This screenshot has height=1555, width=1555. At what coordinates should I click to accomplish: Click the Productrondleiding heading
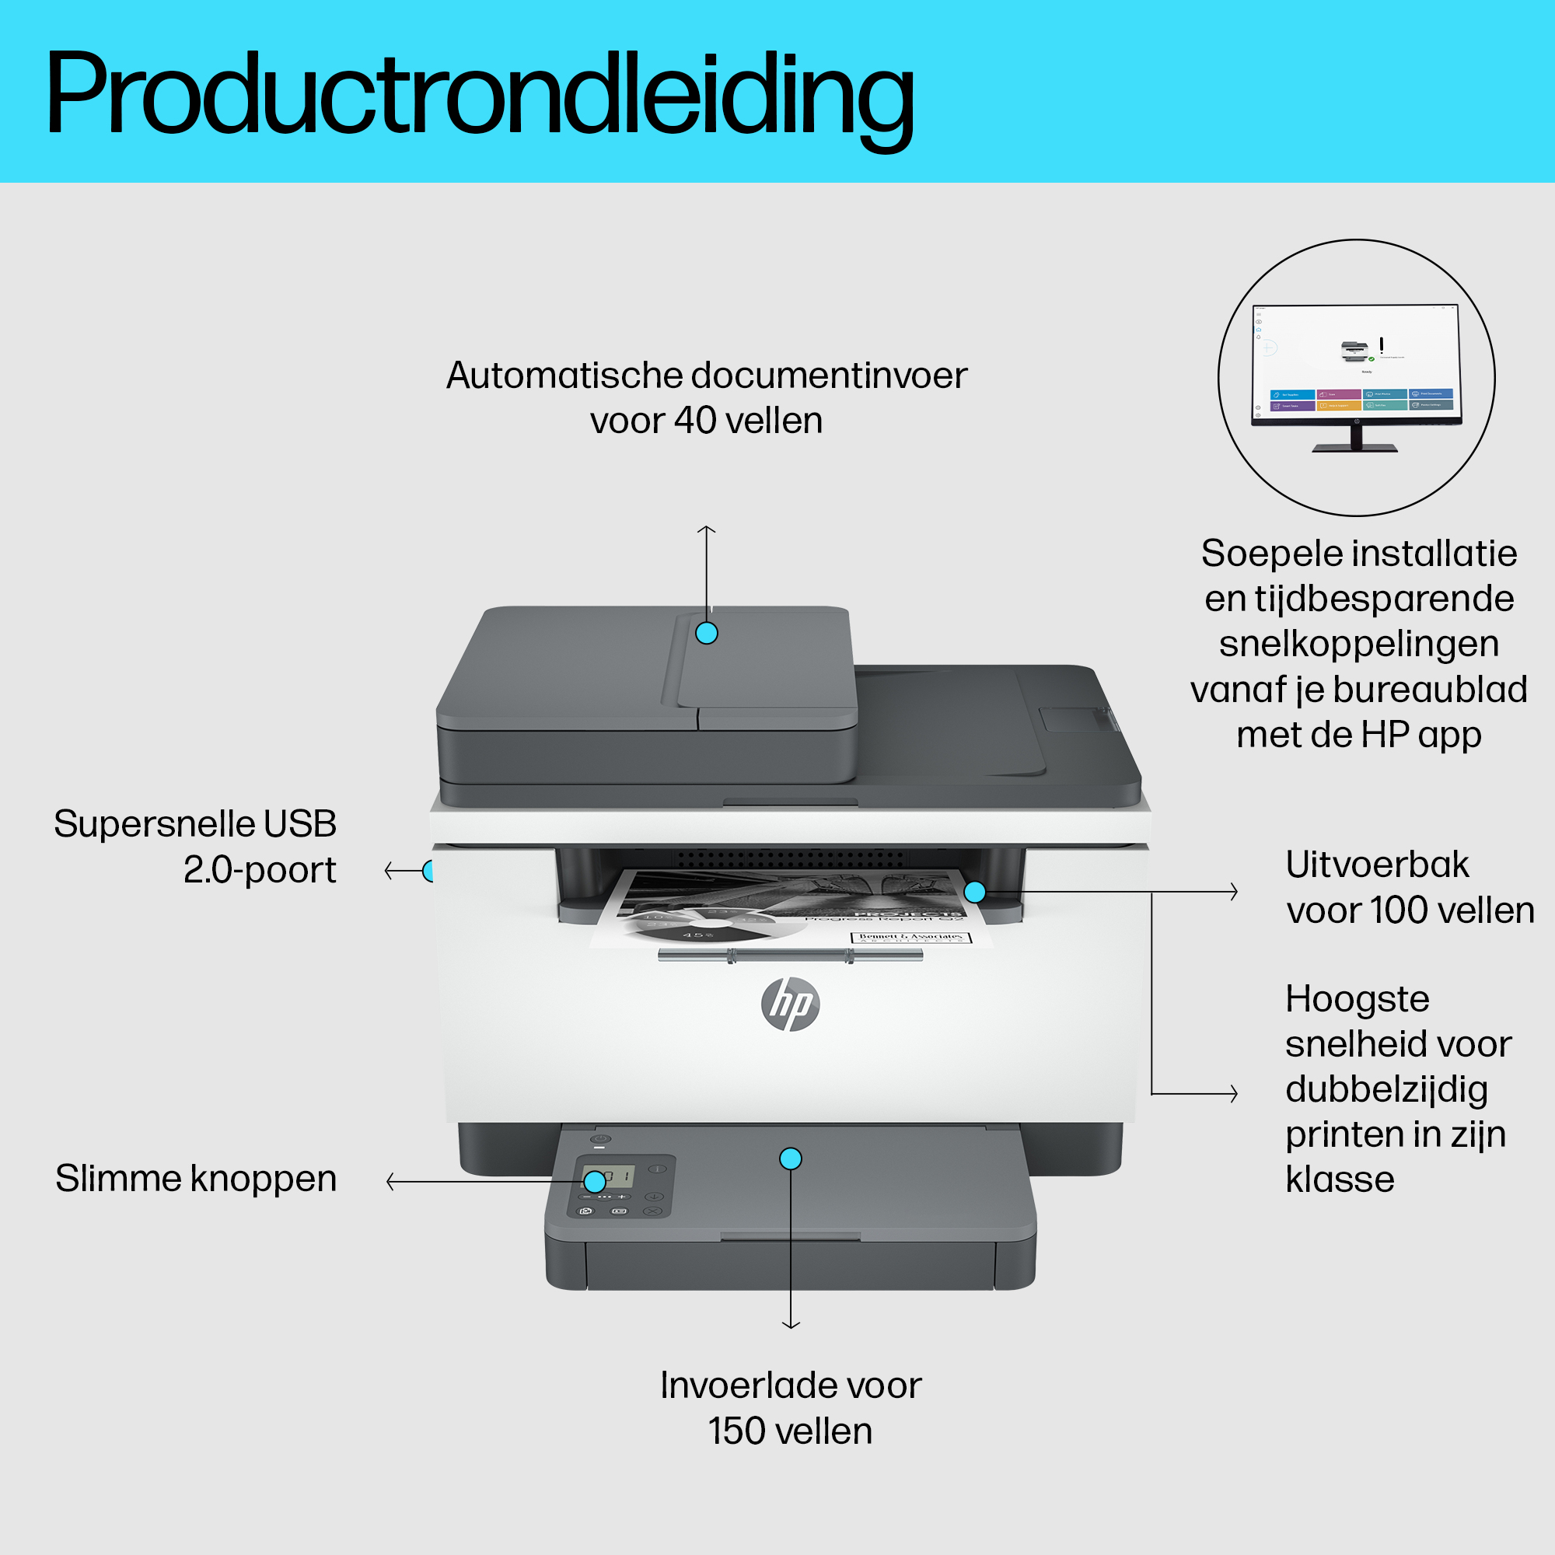pos(480,95)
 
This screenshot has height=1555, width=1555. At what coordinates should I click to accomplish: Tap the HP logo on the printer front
pos(791,1004)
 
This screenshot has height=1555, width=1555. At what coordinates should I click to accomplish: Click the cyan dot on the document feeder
pos(707,633)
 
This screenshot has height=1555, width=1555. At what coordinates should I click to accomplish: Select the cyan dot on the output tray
pos(975,892)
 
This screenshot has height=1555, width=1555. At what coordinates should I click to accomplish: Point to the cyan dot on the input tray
pos(791,1158)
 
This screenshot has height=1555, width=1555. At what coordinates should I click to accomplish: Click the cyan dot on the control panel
pos(594,1182)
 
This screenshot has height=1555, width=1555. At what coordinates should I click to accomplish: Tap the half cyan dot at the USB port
pos(429,871)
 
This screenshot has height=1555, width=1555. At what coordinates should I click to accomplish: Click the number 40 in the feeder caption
pos(694,421)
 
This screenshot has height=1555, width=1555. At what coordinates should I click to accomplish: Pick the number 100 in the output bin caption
pos(1399,911)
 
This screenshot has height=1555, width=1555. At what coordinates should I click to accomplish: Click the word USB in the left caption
pos(299,824)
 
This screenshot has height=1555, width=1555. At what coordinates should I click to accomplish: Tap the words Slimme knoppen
pos(196,1179)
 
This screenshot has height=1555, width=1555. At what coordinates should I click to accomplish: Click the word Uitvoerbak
pos(1377,865)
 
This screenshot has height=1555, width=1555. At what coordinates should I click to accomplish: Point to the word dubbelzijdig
pos(1386,1091)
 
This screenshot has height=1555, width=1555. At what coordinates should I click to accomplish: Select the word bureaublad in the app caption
pos(1431,690)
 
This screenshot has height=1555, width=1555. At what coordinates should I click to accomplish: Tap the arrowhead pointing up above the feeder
pos(707,529)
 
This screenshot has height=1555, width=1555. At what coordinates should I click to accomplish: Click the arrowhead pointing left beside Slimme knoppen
pos(390,1182)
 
